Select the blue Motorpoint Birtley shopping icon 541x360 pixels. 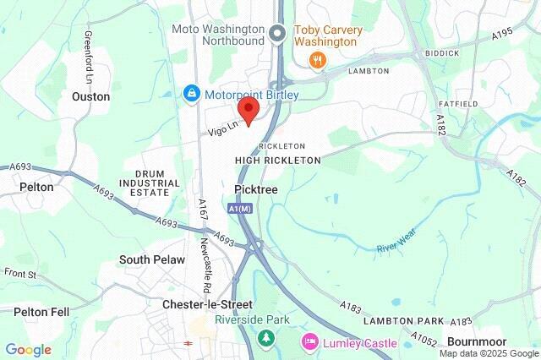(x=193, y=93)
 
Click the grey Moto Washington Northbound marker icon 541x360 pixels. (x=278, y=34)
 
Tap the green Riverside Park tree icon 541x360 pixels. (x=267, y=338)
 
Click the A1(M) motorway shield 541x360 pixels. (x=240, y=208)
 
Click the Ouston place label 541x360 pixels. (x=90, y=97)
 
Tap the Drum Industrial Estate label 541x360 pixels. (x=150, y=183)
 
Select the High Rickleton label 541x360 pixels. (x=278, y=160)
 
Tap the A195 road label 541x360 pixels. (x=501, y=34)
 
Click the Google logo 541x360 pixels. (x=28, y=349)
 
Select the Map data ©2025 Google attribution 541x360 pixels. (x=489, y=353)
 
